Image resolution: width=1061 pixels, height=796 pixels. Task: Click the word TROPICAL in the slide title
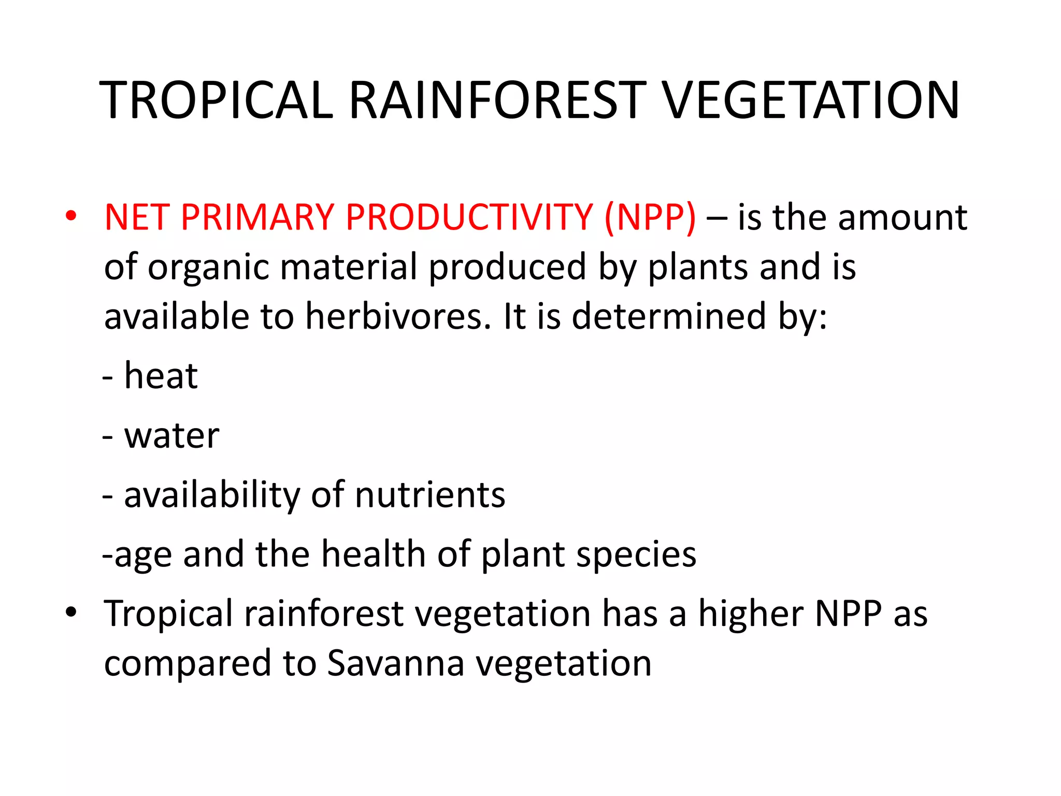coord(216,101)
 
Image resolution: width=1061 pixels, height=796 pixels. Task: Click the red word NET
coord(137,217)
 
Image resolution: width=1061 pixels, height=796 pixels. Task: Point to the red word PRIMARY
coord(257,217)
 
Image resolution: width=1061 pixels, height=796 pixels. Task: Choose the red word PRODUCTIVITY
coord(469,217)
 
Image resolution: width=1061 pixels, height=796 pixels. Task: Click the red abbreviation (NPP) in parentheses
coord(650,217)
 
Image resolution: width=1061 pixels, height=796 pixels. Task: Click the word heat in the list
coord(161,375)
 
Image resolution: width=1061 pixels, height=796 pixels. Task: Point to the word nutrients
coord(430,495)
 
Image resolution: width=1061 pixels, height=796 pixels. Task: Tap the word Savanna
coord(396,663)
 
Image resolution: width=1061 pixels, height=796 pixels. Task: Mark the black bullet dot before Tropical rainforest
coord(71,612)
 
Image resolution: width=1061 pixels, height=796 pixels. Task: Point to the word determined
coord(668,316)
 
